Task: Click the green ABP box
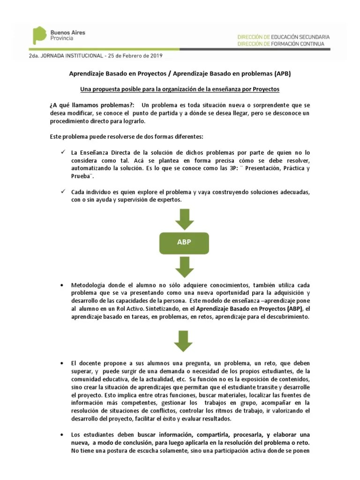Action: click(184, 242)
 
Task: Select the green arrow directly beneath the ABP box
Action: click(184, 266)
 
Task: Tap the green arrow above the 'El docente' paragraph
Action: click(184, 341)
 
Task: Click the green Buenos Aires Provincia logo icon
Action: click(39, 36)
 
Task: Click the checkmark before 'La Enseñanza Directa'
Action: click(63, 153)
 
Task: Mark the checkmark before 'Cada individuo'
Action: click(63, 192)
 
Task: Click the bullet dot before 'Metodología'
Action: click(62, 285)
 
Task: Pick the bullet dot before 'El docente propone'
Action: click(62, 364)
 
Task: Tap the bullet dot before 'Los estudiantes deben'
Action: click(62, 435)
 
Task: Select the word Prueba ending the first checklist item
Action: click(82, 176)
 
